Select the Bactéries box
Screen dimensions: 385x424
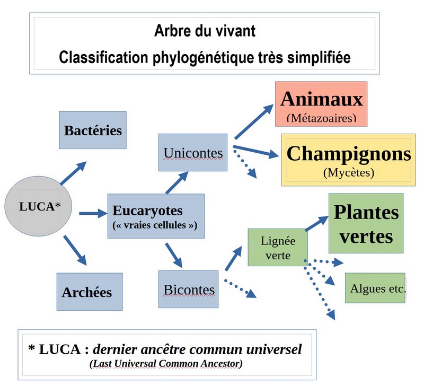(92, 130)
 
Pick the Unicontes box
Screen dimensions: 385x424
(193, 153)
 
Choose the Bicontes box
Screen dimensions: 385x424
(189, 290)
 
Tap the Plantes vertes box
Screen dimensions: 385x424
(366, 223)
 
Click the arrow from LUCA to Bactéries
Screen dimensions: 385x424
(73, 173)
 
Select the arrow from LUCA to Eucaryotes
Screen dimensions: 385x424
(92, 214)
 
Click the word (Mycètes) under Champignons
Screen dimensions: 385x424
(348, 172)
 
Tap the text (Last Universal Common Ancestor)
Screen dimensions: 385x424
(166, 364)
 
